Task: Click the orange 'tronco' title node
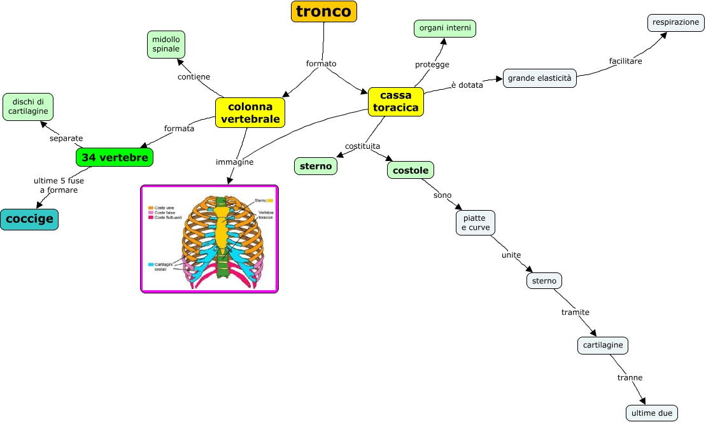tap(323, 11)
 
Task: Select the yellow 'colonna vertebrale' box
tap(250, 113)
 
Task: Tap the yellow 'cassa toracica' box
tap(396, 102)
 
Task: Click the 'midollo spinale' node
tap(166, 45)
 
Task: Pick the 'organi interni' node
tap(445, 28)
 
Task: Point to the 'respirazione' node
tap(675, 22)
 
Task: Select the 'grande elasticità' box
tap(539, 78)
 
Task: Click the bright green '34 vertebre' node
tap(115, 157)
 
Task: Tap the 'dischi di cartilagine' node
tap(28, 106)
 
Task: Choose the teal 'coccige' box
tap(29, 220)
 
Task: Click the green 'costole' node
tap(411, 170)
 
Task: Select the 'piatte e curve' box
tap(475, 223)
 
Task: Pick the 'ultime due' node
tap(652, 413)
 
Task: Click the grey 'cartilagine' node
tap(602, 346)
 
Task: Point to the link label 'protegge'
tap(432, 64)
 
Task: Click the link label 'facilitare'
tap(625, 61)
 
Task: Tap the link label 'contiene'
tap(194, 77)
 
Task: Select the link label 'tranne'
tap(630, 377)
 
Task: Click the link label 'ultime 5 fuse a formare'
tap(59, 185)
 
